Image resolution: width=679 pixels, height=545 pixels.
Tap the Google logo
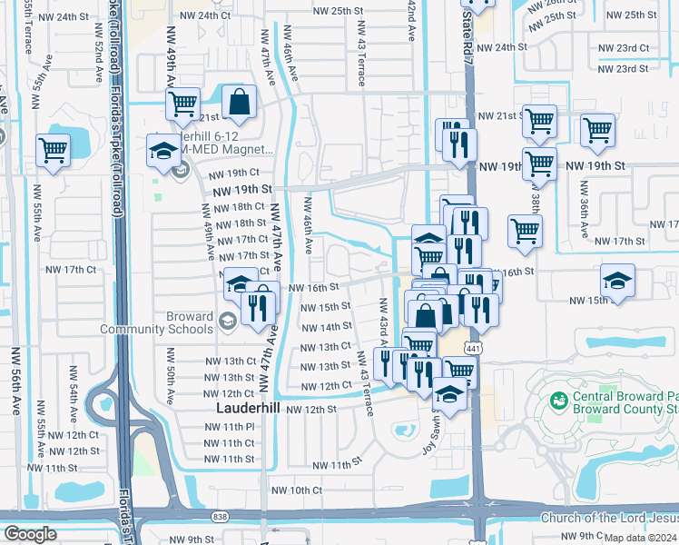pos(29,534)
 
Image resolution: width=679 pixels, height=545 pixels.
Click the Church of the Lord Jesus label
pos(608,519)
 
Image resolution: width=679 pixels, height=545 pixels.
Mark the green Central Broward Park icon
pos(558,399)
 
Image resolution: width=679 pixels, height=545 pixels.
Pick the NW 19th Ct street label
pos(233,173)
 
